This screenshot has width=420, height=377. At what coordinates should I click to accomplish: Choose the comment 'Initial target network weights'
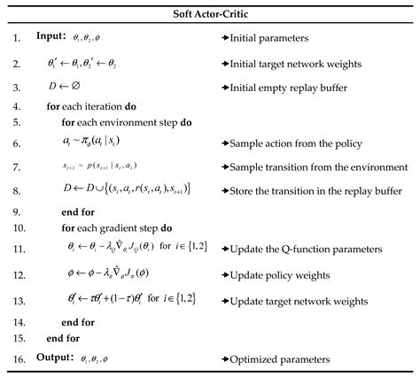click(296, 64)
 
